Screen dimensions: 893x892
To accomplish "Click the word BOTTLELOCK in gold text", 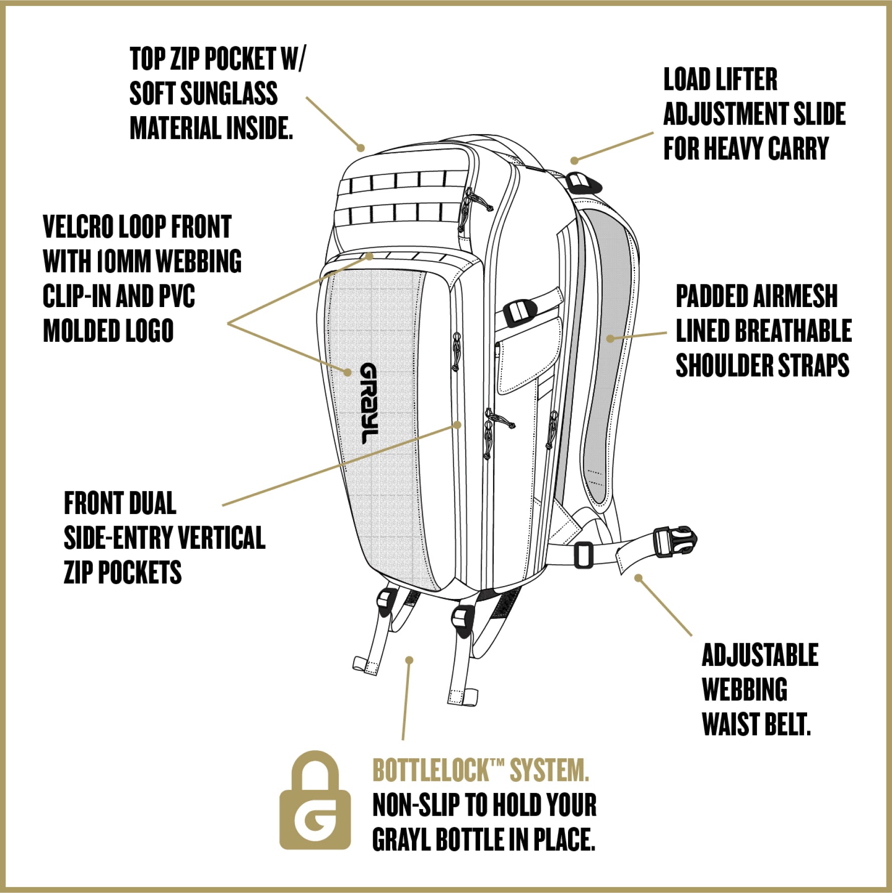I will pos(430,770).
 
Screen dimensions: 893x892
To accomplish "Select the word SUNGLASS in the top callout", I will pos(229,93).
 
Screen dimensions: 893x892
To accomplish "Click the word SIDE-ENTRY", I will pos(118,538).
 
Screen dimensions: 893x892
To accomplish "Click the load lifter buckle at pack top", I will pos(583,182).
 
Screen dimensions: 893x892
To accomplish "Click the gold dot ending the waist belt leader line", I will pos(638,578).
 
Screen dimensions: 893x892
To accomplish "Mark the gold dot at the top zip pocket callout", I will pos(361,148).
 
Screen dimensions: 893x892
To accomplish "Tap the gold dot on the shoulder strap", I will pos(610,339).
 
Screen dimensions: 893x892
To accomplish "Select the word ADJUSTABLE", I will pos(760,655).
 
